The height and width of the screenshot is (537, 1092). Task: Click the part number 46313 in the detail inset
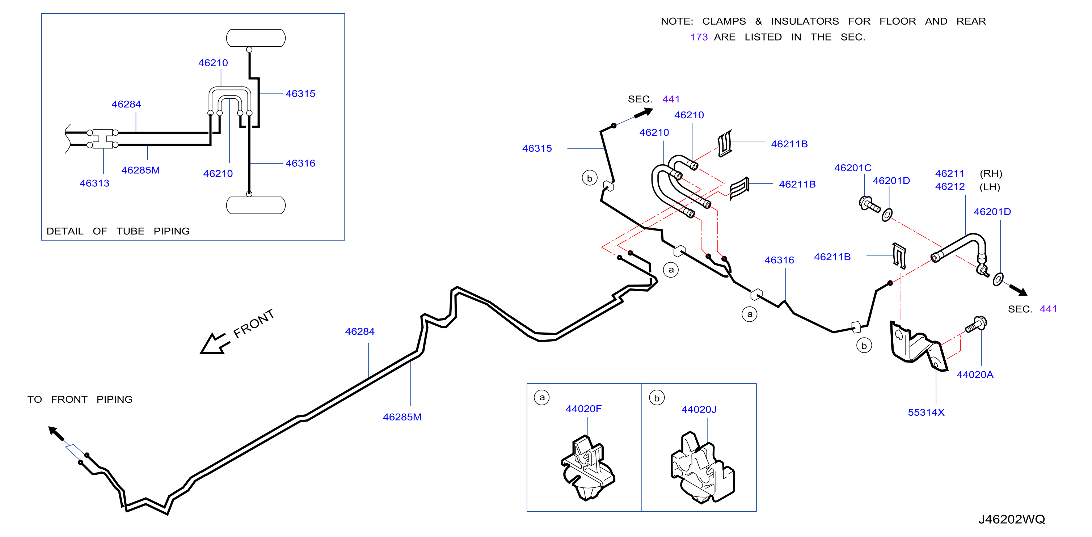click(x=94, y=183)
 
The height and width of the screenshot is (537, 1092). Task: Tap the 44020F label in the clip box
click(x=583, y=409)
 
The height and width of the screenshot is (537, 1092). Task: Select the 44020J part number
click(x=699, y=409)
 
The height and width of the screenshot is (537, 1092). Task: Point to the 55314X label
click(x=926, y=413)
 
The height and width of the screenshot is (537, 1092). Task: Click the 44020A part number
click(x=975, y=375)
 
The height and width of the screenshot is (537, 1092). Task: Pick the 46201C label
click(x=852, y=168)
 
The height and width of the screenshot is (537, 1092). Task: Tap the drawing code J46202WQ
click(x=1011, y=519)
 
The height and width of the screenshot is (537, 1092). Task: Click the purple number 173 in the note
click(x=699, y=37)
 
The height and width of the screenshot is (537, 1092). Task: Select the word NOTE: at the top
click(x=677, y=21)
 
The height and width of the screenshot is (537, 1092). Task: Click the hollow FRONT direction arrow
click(x=214, y=344)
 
